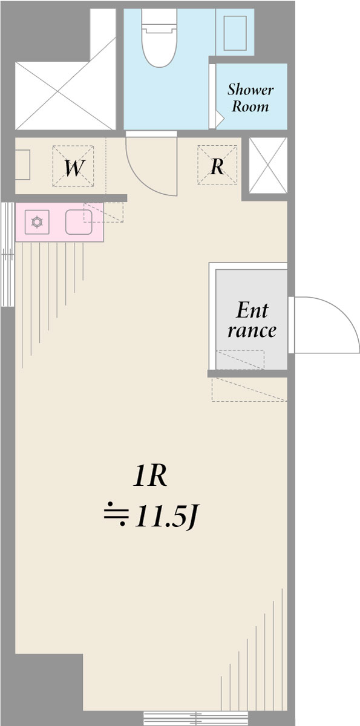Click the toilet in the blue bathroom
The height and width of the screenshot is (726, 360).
[x=159, y=38]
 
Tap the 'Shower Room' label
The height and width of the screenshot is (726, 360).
[x=250, y=98]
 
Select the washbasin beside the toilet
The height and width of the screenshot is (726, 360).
[x=235, y=33]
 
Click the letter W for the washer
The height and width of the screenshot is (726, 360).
[x=74, y=168]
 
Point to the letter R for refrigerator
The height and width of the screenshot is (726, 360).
[x=217, y=166]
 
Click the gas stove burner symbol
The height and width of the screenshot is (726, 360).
[x=37, y=222]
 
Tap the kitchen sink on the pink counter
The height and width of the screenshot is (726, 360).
[x=79, y=222]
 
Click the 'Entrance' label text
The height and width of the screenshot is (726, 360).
[x=252, y=320]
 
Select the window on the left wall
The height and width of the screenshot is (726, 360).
[x=7, y=255]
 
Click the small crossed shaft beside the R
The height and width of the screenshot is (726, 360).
[x=268, y=165]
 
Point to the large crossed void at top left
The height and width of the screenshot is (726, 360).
[x=65, y=96]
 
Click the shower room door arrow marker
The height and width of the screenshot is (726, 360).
[x=220, y=119]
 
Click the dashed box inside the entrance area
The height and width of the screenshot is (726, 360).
[x=240, y=359]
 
